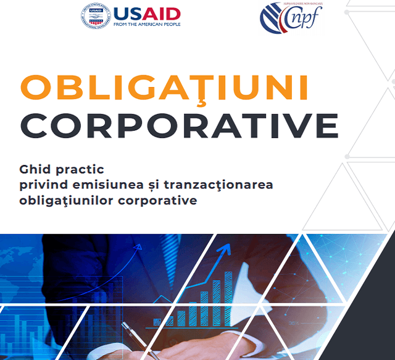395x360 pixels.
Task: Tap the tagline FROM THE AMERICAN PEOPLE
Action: click(146, 25)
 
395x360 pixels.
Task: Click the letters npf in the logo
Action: click(307, 20)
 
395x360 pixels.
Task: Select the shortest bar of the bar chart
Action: click(158, 322)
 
